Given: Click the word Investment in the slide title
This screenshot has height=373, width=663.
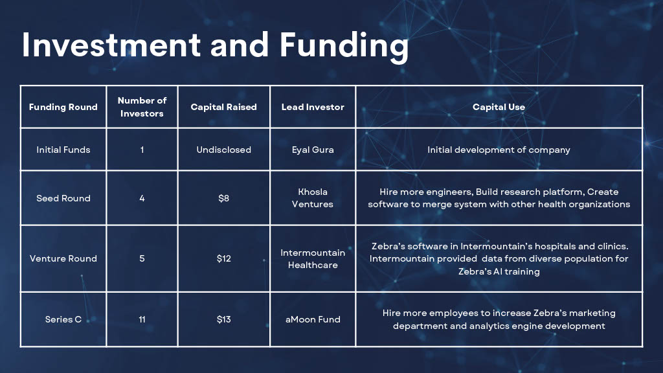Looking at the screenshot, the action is tap(111, 45).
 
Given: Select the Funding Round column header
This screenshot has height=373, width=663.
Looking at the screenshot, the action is tap(63, 107).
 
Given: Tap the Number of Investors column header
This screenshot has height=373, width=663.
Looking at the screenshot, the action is tap(142, 107).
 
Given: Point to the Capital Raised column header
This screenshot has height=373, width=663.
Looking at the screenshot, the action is tap(223, 107).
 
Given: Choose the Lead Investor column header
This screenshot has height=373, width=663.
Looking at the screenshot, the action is tap(313, 107).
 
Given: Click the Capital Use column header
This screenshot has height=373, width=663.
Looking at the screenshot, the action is tap(499, 107).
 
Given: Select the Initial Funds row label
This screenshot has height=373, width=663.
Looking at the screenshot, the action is tap(63, 150).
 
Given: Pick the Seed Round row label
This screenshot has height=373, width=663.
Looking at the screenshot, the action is tap(63, 198).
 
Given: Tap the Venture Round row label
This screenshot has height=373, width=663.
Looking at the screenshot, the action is tap(63, 258).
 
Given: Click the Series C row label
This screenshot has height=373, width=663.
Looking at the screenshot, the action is tap(63, 319).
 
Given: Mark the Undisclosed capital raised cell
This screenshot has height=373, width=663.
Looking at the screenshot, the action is tap(223, 150).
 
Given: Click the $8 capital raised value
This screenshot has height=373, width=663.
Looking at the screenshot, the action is tap(223, 198).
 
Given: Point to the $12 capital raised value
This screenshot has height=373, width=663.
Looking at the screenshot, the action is tap(223, 258).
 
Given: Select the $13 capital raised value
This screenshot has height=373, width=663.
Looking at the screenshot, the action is tap(223, 319).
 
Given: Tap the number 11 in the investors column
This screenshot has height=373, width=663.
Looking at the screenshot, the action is tap(142, 319).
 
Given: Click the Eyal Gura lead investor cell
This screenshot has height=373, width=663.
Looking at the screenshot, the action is tap(313, 150).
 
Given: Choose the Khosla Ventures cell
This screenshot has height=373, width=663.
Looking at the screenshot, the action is tap(313, 198).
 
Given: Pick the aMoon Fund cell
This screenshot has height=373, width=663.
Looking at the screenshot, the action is tap(313, 319).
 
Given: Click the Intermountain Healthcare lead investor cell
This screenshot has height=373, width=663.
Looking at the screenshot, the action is tap(313, 259).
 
